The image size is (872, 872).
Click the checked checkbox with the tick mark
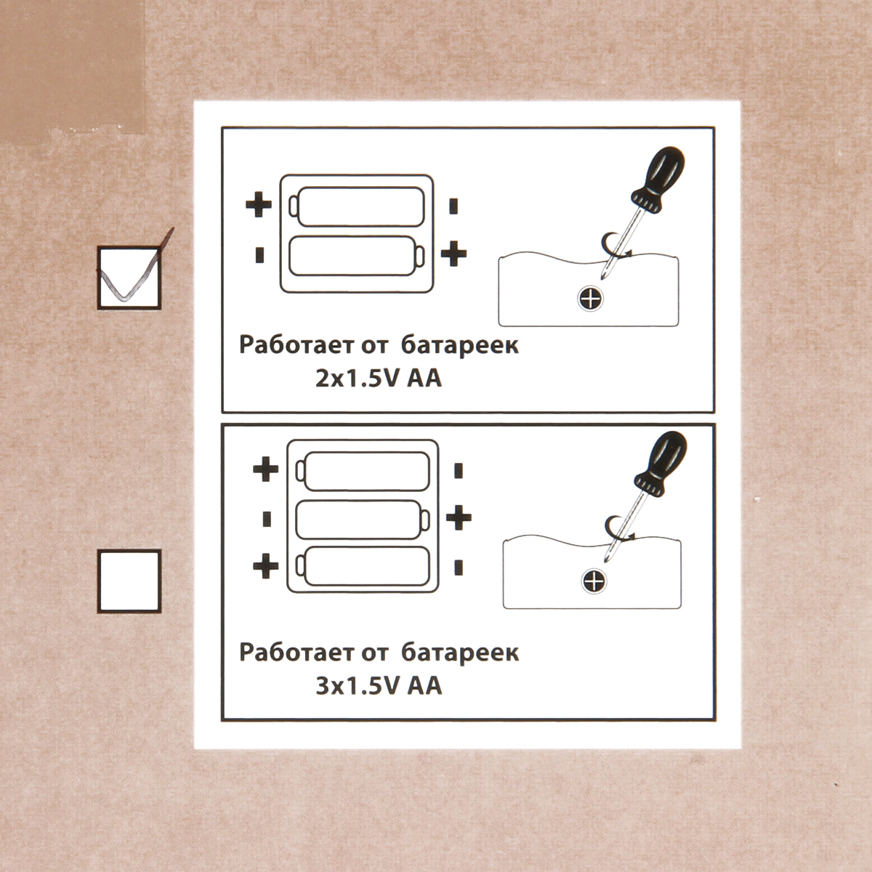129,278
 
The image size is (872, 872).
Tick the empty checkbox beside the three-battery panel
129,581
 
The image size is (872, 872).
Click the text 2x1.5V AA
379,379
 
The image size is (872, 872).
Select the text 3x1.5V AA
379,687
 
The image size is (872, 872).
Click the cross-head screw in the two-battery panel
591,299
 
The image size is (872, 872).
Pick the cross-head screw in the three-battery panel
594,581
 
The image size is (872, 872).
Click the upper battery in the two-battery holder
357,206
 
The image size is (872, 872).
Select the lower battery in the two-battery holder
357,256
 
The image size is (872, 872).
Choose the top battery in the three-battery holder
363,471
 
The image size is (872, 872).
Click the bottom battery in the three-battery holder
363,566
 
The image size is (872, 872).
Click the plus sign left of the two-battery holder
259,204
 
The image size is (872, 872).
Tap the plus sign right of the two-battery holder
453,254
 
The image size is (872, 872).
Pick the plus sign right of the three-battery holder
459,517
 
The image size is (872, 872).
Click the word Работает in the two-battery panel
296,346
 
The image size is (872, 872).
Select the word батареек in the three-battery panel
460,654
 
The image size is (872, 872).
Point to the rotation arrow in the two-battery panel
616,246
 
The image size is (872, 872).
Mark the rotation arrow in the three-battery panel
620,528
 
